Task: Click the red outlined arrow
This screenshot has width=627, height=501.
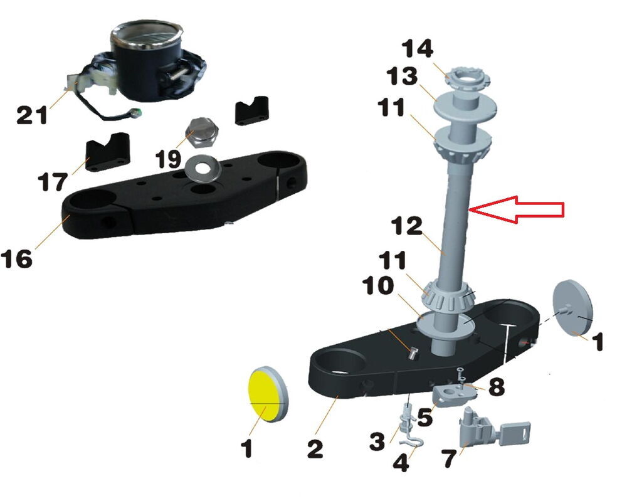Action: tap(516, 209)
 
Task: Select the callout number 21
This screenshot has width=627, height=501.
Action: tap(31, 115)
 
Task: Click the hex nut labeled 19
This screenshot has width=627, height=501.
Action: tap(203, 133)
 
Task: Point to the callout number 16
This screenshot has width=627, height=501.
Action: tap(16, 258)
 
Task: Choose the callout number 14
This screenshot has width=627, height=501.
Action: tap(418, 48)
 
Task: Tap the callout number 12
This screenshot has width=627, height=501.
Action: tap(407, 226)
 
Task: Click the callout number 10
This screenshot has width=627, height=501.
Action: tap(377, 286)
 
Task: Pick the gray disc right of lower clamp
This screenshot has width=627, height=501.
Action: tap(572, 306)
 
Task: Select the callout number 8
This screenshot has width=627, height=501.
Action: tap(496, 387)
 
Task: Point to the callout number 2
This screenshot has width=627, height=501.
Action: tap(315, 448)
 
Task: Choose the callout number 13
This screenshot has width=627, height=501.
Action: tap(402, 76)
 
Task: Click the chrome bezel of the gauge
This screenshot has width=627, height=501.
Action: tap(147, 34)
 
